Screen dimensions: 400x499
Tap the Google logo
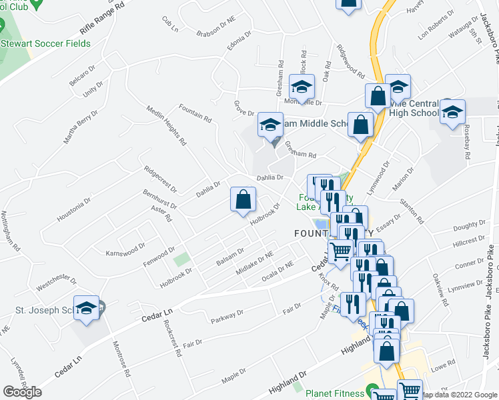pyautogui.click(x=22, y=392)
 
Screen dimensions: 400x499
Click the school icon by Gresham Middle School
pyautogui.click(x=270, y=125)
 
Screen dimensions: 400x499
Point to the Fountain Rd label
pyautogui.click(x=195, y=114)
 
